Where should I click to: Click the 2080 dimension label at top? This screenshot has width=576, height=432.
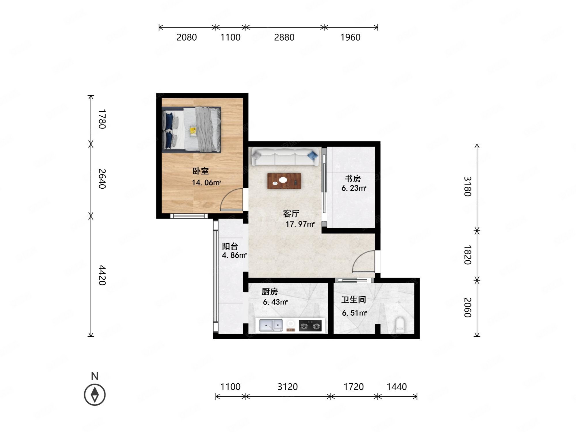[187, 37]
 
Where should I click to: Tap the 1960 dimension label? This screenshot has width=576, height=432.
[350, 37]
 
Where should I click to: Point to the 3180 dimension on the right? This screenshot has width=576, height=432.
[467, 186]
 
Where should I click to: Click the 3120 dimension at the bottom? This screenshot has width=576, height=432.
[287, 386]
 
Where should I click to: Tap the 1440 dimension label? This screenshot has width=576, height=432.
[397, 386]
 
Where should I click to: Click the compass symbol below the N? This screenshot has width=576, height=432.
[95, 395]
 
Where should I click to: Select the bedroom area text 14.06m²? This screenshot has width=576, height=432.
[206, 182]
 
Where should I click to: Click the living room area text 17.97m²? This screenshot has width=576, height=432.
[300, 224]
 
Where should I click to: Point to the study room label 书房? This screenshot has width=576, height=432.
[353, 179]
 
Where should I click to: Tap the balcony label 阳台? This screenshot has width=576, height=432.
[230, 246]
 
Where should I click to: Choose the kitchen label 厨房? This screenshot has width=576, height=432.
[270, 292]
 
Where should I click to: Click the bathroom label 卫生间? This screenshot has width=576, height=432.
[354, 300]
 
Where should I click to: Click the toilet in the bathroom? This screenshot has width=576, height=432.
[400, 325]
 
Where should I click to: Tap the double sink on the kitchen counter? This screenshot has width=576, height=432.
[271, 325]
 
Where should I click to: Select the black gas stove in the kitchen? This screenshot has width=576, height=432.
[310, 326]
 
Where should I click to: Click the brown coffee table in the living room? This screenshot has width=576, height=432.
[284, 181]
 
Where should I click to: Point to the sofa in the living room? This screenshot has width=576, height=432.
[285, 157]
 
